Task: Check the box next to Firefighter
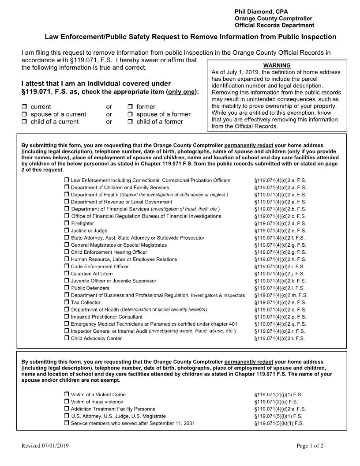coord(67,223)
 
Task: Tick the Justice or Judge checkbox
coord(67,230)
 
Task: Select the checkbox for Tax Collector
coord(67,302)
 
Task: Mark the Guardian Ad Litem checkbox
coord(67,274)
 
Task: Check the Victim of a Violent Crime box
coord(67,395)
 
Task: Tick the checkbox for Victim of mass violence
coord(67,402)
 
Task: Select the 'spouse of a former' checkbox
coord(131,114)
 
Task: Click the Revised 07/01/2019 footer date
coord(45,446)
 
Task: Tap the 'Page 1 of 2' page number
coord(310,446)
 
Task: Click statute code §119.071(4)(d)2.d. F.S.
coord(280,223)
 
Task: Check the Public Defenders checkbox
coord(67,288)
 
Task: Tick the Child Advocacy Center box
coord(67,338)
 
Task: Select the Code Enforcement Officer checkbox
coord(67,267)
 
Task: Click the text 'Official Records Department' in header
coord(274,25)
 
